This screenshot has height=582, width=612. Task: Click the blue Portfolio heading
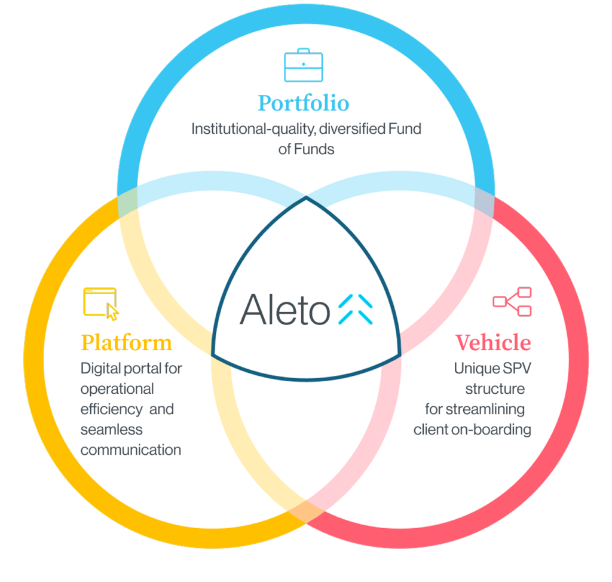[304, 103]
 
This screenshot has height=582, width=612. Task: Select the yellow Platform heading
[127, 343]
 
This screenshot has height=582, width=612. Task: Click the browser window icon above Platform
[100, 304]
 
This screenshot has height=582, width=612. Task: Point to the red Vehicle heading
[493, 343]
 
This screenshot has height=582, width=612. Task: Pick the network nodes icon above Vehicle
[512, 301]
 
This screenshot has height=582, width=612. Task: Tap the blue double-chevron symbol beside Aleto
[356, 310]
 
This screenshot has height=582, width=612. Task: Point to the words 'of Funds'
[306, 149]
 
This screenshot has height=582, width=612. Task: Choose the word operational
[117, 389]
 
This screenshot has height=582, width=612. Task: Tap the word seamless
[112, 430]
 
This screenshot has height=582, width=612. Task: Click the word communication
[131, 450]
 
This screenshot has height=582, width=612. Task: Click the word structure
[495, 389]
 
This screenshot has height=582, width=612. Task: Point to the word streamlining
[485, 409]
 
